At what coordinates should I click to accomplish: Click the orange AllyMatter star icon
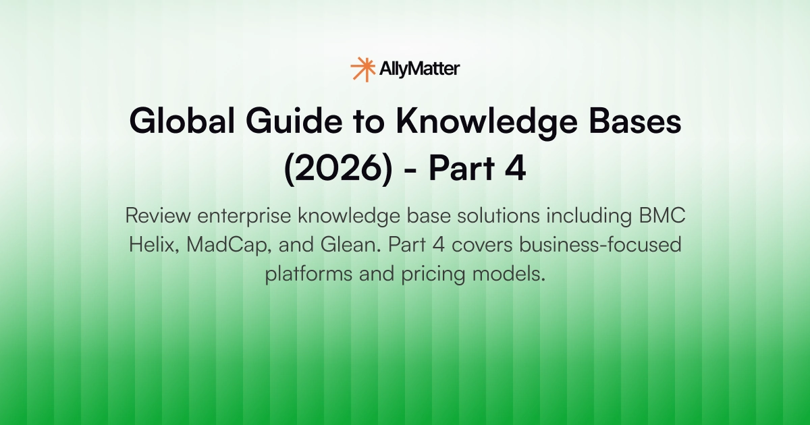click(362, 69)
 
